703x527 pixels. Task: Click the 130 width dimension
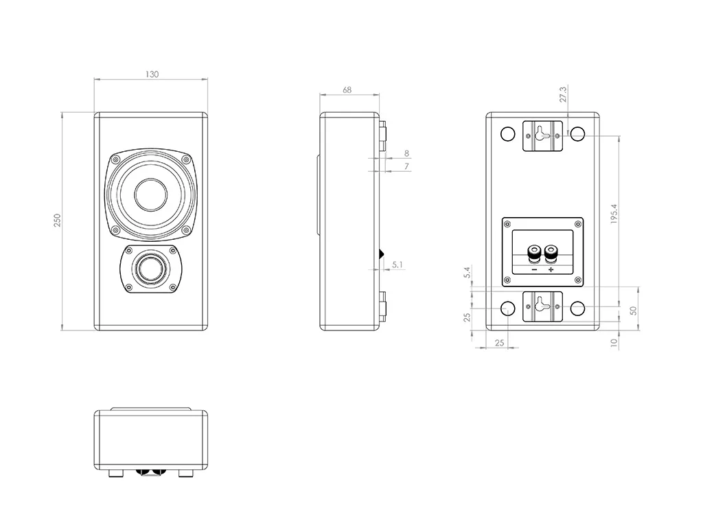pyautogui.click(x=152, y=74)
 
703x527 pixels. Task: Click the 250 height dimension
pyautogui.click(x=58, y=220)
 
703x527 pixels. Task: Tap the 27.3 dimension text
pyautogui.click(x=563, y=94)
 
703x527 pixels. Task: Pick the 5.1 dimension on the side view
pyautogui.click(x=397, y=264)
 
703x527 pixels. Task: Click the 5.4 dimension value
pyautogui.click(x=468, y=273)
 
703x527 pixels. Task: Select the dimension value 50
pyautogui.click(x=634, y=310)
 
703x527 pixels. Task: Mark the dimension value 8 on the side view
pyautogui.click(x=406, y=153)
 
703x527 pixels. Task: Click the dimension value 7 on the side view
pyautogui.click(x=406, y=166)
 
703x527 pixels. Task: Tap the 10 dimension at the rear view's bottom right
pyautogui.click(x=614, y=341)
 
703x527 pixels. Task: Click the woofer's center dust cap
pyautogui.click(x=150, y=195)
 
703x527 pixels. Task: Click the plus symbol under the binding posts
pyautogui.click(x=551, y=270)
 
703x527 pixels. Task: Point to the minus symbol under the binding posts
pyautogui.click(x=533, y=270)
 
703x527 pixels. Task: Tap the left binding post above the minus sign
pyautogui.click(x=533, y=254)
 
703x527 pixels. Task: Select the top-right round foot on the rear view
pyautogui.click(x=577, y=134)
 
